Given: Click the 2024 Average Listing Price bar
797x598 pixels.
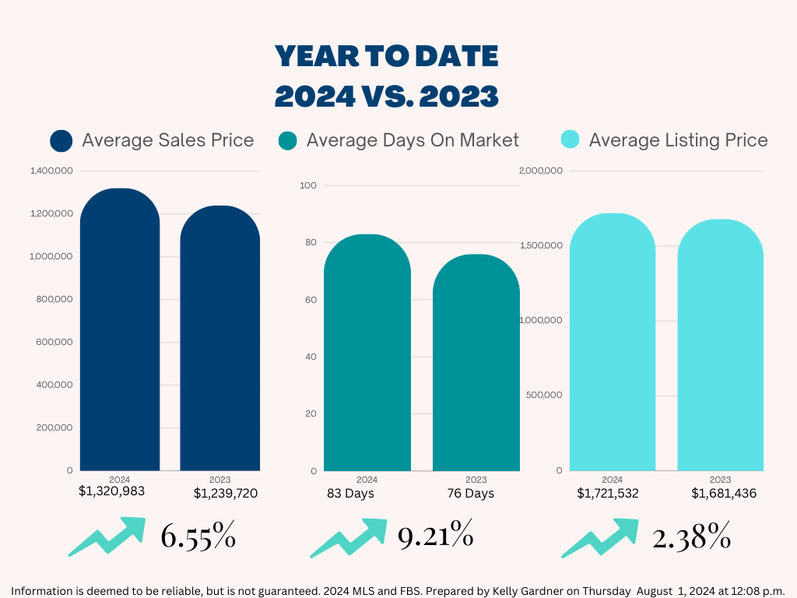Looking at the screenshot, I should click(x=613, y=342).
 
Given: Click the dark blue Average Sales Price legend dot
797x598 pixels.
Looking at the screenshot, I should click(x=61, y=141).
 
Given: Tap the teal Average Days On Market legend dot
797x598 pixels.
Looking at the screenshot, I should click(x=288, y=141).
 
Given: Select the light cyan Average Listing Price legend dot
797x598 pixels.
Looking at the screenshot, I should click(x=571, y=141).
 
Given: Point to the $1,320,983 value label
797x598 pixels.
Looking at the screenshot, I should click(x=111, y=491).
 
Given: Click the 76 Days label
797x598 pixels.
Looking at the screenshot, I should click(x=470, y=494).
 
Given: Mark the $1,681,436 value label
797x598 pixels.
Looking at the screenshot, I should click(x=723, y=494).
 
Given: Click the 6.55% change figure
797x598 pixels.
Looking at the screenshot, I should click(x=198, y=537).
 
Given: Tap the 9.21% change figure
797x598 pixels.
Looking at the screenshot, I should click(x=435, y=536).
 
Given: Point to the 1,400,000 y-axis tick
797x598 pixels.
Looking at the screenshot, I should click(x=51, y=171).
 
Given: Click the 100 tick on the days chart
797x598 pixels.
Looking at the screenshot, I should click(x=308, y=185).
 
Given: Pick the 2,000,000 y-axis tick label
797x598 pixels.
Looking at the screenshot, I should click(x=540, y=171).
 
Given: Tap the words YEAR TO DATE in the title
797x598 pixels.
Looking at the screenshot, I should click(x=387, y=56).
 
